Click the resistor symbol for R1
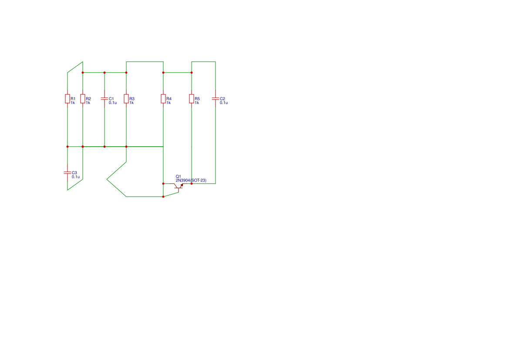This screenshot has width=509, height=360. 67,99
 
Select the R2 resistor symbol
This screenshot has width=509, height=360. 83,99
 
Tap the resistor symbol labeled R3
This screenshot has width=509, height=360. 126,99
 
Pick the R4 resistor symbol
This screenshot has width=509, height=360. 163,99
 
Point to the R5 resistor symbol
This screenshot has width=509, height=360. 192,99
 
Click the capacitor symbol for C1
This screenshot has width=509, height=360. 104,99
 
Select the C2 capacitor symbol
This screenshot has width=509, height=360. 216,99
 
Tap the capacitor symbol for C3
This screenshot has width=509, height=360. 67,173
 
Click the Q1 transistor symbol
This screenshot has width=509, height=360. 179,186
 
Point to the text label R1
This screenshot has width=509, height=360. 73,99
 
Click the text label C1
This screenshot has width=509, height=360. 111,99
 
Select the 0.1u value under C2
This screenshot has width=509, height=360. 224,103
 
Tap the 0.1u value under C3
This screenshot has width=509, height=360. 76,177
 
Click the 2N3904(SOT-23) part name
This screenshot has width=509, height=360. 191,181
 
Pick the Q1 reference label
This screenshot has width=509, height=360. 178,177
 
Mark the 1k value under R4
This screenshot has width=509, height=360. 169,103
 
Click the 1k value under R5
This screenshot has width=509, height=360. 197,103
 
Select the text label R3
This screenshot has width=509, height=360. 132,99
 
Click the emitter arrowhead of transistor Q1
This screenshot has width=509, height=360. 182,185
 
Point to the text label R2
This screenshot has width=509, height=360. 88,99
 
